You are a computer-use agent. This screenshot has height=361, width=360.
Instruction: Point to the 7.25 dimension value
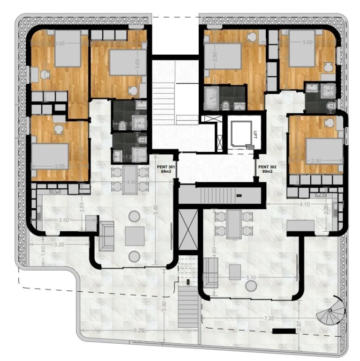click(x=269, y=318)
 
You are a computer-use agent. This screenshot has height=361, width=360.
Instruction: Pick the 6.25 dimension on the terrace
click(x=139, y=331)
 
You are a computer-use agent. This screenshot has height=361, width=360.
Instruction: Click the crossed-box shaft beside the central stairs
click(x=186, y=230)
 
